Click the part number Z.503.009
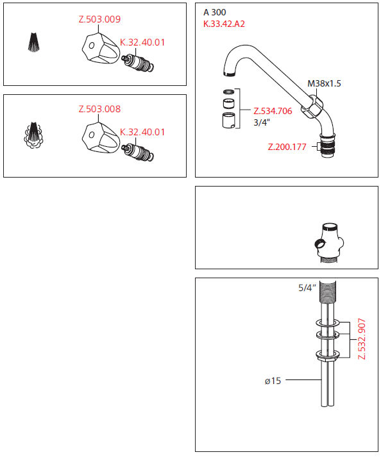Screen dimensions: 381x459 (x=99, y=19)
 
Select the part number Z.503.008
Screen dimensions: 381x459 (x=99, y=109)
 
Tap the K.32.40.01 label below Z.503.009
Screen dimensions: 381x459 (x=142, y=42)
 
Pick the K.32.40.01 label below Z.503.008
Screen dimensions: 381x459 (x=142, y=132)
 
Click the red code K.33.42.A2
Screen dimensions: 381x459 (x=224, y=24)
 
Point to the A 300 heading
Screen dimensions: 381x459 (x=215, y=12)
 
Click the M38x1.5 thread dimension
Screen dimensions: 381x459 (x=324, y=83)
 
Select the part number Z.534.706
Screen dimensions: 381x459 (x=273, y=111)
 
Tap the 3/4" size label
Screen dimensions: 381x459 (x=262, y=122)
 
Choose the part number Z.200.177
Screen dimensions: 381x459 (x=287, y=147)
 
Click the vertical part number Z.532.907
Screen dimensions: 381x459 (x=362, y=339)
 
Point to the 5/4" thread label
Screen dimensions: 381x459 (x=307, y=288)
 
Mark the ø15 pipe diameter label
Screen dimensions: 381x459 (x=273, y=381)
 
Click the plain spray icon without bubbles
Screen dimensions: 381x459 (x=34, y=42)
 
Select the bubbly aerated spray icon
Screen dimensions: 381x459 (x=33, y=135)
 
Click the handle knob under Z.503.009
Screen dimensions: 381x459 (x=101, y=48)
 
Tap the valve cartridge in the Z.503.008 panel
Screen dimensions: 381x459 (x=138, y=152)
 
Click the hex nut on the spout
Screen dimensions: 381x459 (x=313, y=106)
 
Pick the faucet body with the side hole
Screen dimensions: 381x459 (x=328, y=243)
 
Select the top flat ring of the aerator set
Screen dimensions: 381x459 (x=229, y=92)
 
